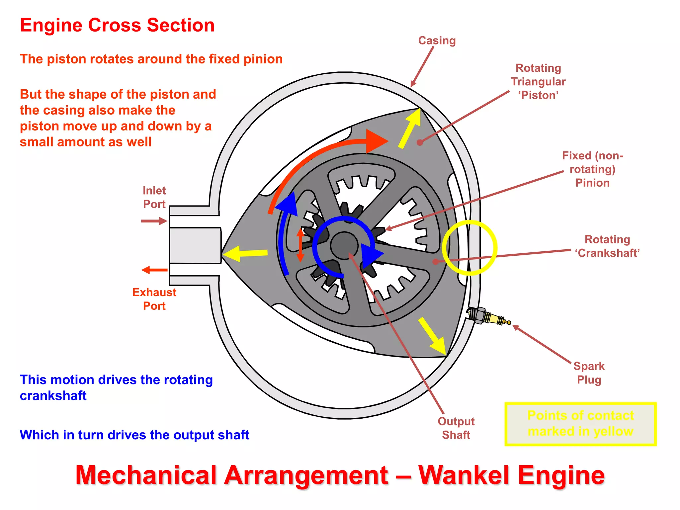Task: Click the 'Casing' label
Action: (x=437, y=41)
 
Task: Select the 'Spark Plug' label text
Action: (x=589, y=373)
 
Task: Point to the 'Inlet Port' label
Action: (x=154, y=197)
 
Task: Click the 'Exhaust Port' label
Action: (x=154, y=299)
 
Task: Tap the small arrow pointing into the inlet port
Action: (x=154, y=221)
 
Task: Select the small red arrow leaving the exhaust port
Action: (x=154, y=270)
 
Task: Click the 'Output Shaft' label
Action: (x=456, y=428)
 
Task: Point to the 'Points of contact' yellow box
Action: (x=580, y=424)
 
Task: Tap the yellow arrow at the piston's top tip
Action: (x=410, y=128)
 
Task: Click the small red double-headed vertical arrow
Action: (x=300, y=245)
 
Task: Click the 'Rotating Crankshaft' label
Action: (x=607, y=246)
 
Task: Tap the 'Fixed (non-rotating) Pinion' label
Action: (x=592, y=169)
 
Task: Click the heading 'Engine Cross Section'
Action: (x=117, y=25)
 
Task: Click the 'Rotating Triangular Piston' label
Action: (x=538, y=81)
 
